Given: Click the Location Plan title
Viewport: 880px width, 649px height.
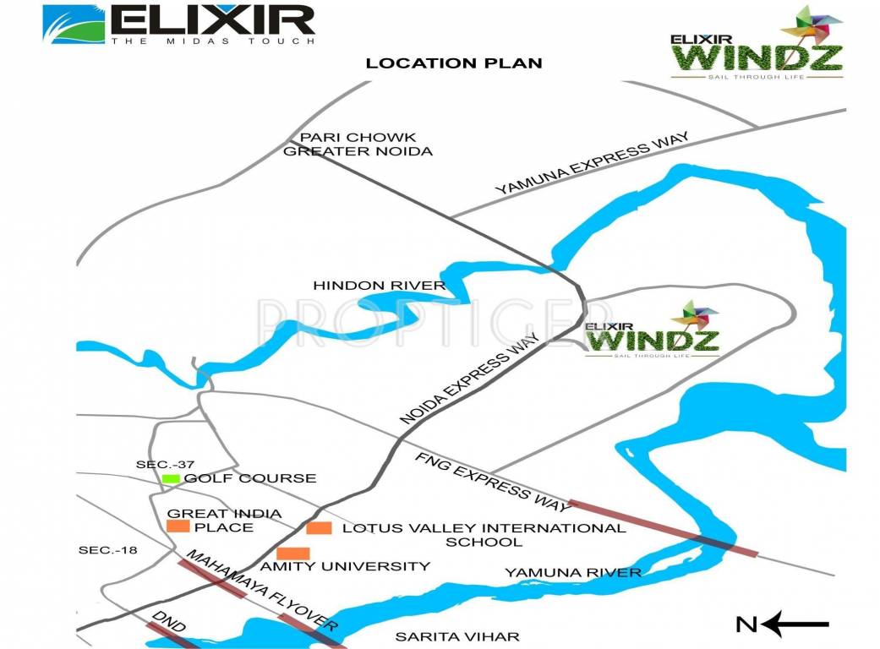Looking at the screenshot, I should pyautogui.click(x=453, y=63).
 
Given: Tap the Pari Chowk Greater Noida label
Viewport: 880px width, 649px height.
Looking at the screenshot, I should pyautogui.click(x=358, y=145).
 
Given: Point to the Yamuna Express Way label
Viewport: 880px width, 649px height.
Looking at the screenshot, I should pyautogui.click(x=593, y=164).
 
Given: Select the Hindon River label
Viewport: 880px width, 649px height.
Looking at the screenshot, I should pyautogui.click(x=379, y=286).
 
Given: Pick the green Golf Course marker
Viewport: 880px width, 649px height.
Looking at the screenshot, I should pyautogui.click(x=171, y=479).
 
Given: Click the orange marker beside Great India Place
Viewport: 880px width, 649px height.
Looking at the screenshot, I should pyautogui.click(x=178, y=526).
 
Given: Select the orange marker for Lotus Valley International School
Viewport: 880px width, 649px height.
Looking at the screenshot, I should pyautogui.click(x=318, y=528).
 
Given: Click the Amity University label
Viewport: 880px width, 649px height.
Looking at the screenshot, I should pyautogui.click(x=345, y=566).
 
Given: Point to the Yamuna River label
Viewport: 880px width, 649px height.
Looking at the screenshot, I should pyautogui.click(x=573, y=573).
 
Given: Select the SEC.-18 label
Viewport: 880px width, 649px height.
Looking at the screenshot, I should pyautogui.click(x=107, y=550).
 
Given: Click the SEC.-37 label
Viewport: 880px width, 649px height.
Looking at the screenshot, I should pyautogui.click(x=165, y=464).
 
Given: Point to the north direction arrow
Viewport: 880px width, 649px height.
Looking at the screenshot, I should pyautogui.click(x=795, y=624).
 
